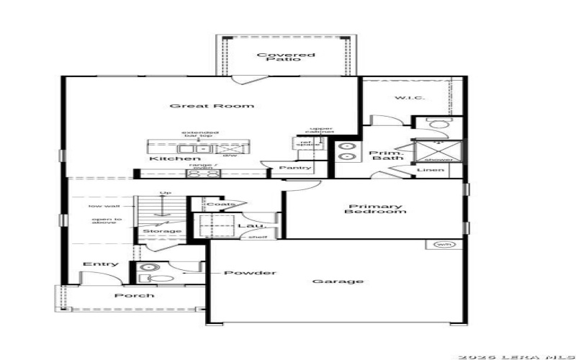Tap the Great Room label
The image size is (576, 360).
[212, 106]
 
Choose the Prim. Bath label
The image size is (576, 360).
[386, 156]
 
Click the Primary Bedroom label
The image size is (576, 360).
[374, 208]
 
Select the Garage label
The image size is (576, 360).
[338, 281]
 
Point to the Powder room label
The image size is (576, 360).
[250, 273]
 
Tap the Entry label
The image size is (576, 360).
[101, 264]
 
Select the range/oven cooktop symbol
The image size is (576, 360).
[203, 173]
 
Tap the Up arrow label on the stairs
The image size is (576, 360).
[165, 193]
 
